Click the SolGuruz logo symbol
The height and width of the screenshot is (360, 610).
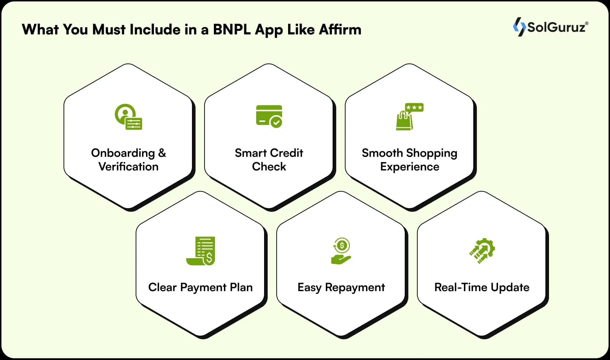click(519, 27)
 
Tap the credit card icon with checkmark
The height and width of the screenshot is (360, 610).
click(269, 116)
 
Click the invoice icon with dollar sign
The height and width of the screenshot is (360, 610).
click(201, 251)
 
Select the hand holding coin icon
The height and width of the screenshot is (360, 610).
click(341, 251)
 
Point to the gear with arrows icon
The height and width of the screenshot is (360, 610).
click(482, 251)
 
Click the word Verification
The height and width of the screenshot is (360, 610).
click(128, 167)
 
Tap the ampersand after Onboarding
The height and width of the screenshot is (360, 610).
click(162, 153)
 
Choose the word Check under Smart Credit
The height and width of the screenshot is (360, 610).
click(269, 167)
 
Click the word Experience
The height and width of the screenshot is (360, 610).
click(409, 167)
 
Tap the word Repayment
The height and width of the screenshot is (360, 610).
click(355, 288)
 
